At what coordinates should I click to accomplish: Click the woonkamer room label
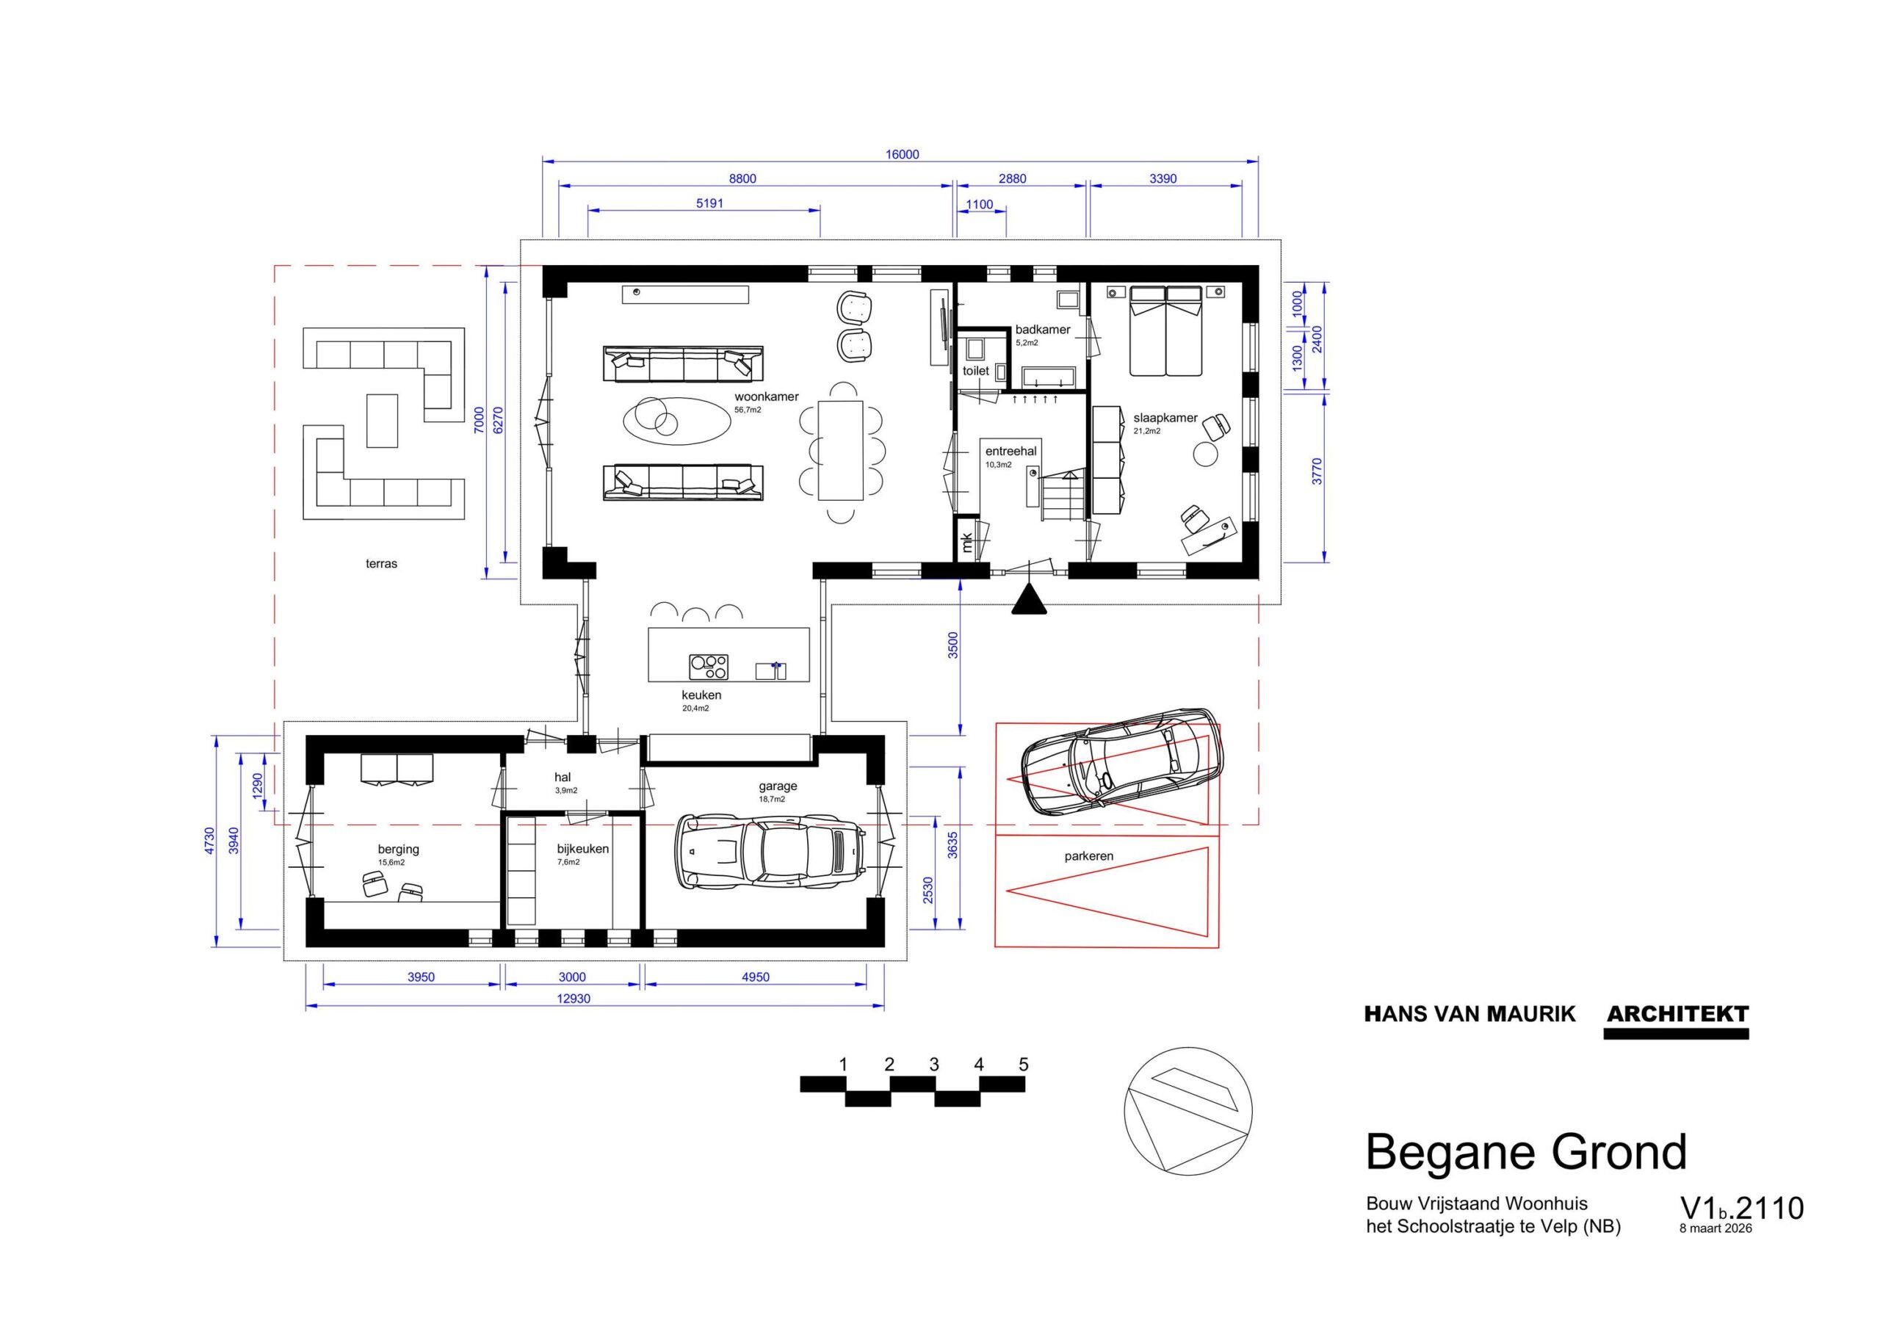pos(766,396)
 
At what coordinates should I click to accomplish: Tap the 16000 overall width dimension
pos(902,154)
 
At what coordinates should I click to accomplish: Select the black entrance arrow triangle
pos(1028,599)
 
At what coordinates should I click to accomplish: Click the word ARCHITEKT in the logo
pos(1677,1014)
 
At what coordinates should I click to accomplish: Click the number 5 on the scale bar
pos(1023,1065)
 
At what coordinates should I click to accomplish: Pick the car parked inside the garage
pos(770,851)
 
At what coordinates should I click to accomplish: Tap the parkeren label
pos(1088,857)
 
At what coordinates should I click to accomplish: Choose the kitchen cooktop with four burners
pos(708,667)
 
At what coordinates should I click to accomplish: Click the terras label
pos(382,563)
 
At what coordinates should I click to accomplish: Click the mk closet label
pos(967,542)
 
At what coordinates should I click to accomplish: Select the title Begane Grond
pos(1526,1152)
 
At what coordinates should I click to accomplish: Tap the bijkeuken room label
pos(583,848)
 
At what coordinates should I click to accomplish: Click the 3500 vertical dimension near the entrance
pos(952,645)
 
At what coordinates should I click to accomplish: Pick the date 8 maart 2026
pos(1715,1251)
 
